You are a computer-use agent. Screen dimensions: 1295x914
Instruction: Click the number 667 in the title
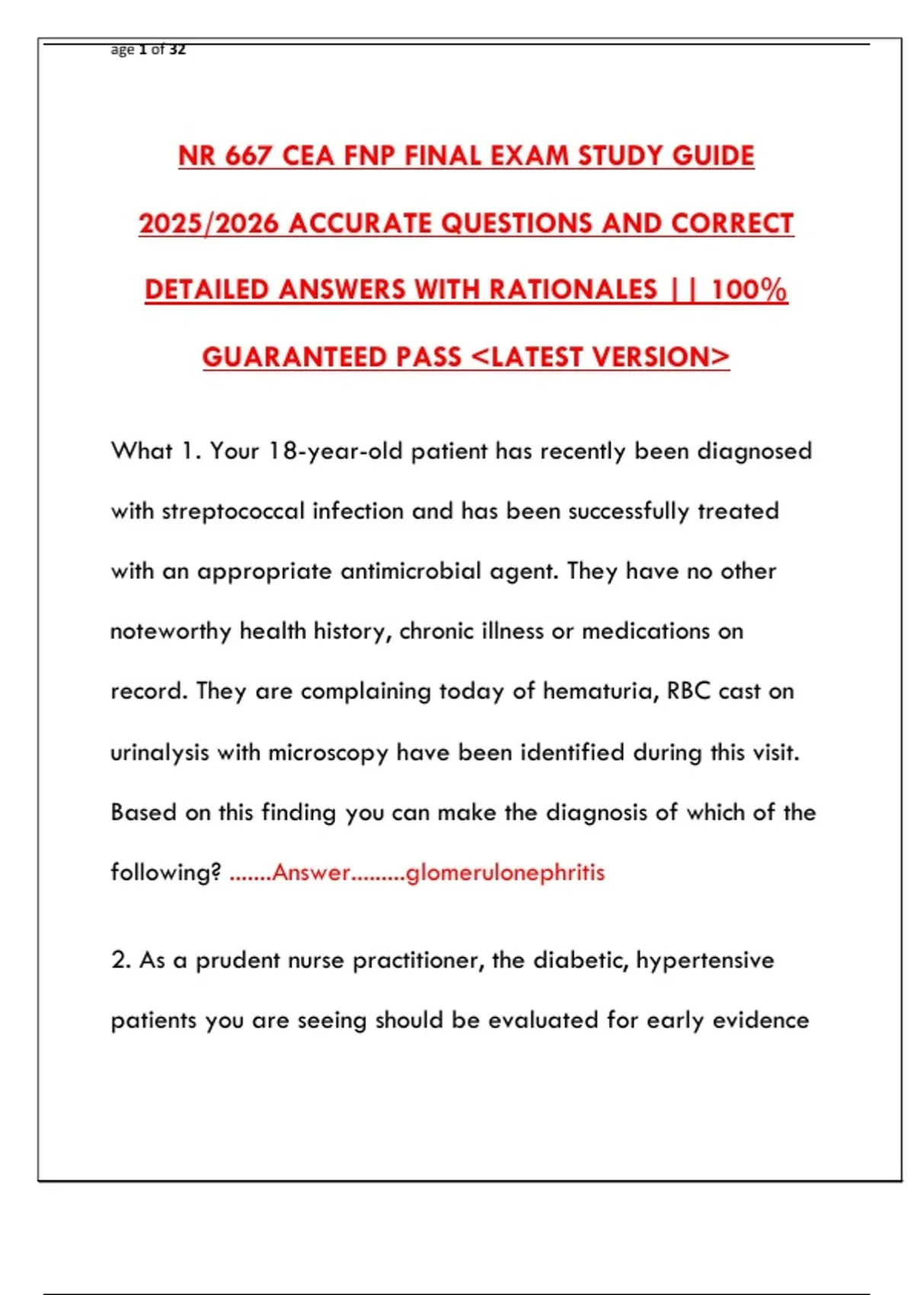tap(248, 156)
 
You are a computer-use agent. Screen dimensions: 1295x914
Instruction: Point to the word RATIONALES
tap(573, 289)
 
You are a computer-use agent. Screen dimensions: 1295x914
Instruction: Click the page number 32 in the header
tap(177, 50)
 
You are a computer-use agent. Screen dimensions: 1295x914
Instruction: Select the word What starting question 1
tap(142, 450)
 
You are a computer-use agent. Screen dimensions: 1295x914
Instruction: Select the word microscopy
tap(328, 753)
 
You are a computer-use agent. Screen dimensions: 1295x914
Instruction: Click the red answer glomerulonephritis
tap(505, 872)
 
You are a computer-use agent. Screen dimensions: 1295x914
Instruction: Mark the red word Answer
tap(311, 872)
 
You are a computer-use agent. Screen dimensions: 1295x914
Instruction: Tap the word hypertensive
tap(705, 961)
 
